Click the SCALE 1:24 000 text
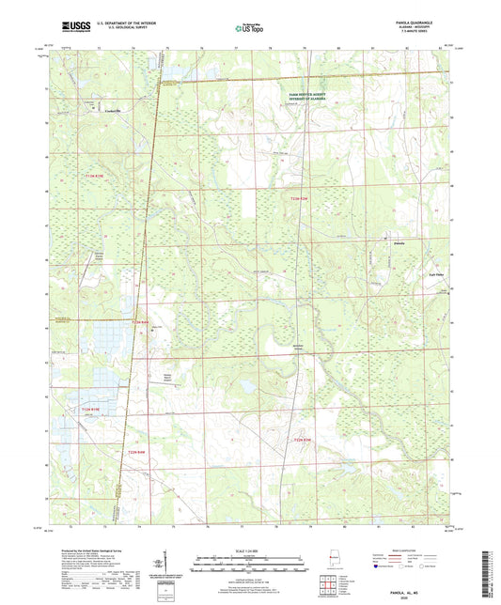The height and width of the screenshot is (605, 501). [x=249, y=551]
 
